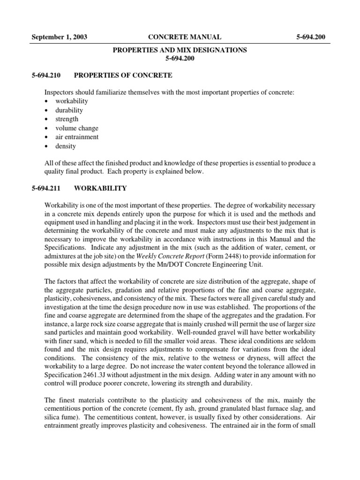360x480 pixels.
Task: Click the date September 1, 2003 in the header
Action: pyautogui.click(x=59, y=37)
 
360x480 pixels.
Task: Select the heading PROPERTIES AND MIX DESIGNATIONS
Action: pyautogui.click(x=180, y=50)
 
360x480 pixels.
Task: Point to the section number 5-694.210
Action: pyautogui.click(x=48, y=75)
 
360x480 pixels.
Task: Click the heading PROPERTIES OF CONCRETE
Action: pyautogui.click(x=123, y=75)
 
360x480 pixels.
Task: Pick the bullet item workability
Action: pyautogui.click(x=71, y=101)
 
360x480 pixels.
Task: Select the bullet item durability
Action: pyautogui.click(x=69, y=110)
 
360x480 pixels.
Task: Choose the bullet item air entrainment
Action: pyautogui.click(x=77, y=137)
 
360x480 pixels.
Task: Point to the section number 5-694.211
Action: pyautogui.click(x=48, y=188)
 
